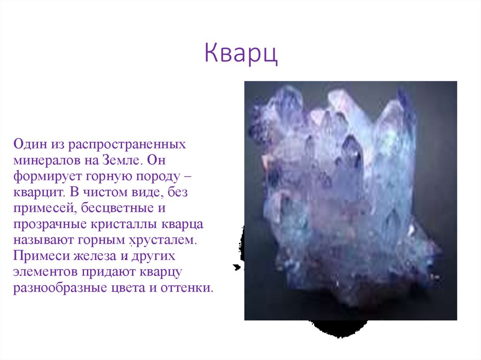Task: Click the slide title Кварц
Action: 241,54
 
